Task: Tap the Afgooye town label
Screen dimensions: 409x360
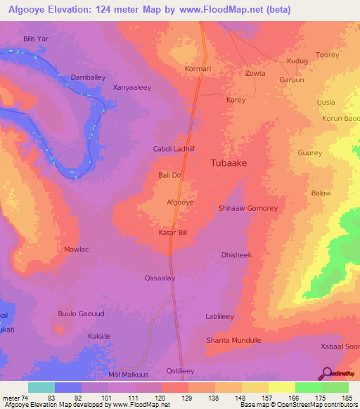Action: (x=179, y=202)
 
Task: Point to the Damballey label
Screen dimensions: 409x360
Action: (x=89, y=77)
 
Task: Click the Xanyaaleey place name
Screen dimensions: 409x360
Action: (x=133, y=88)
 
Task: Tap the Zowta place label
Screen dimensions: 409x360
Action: (x=255, y=73)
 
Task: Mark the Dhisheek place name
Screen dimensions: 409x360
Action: (x=236, y=255)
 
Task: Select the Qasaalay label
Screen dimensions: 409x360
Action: (x=160, y=278)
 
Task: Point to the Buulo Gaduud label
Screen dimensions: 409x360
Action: (x=82, y=313)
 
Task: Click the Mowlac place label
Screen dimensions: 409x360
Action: (x=77, y=249)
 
